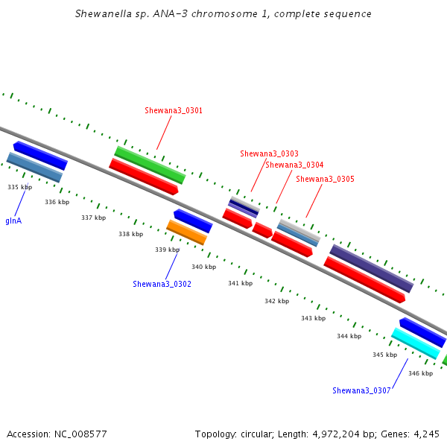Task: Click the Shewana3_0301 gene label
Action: click(174, 110)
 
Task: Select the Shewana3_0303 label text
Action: click(269, 153)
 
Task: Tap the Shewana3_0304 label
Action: click(294, 165)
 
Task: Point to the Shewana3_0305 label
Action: click(325, 179)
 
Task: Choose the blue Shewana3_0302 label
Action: click(162, 284)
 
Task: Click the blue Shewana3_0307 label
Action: click(361, 390)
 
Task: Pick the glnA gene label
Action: click(13, 221)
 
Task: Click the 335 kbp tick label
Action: click(19, 187)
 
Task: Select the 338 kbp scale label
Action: click(131, 234)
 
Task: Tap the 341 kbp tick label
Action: click(241, 283)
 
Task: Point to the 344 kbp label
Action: click(349, 336)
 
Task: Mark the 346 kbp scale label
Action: click(420, 373)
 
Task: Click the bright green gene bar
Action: click(150, 165)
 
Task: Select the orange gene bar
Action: click(187, 232)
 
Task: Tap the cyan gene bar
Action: click(416, 343)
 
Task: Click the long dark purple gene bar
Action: click(372, 268)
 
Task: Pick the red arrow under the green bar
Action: click(144, 177)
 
